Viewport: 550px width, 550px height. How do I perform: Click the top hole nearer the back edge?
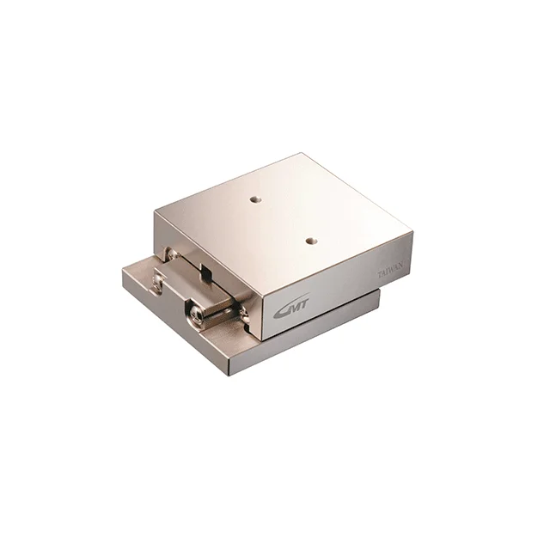[x=254, y=199]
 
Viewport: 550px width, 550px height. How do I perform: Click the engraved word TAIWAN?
[x=393, y=271]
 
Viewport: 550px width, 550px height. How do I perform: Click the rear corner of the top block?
[x=302, y=155]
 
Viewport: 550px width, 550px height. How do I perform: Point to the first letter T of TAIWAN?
[x=379, y=276]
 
